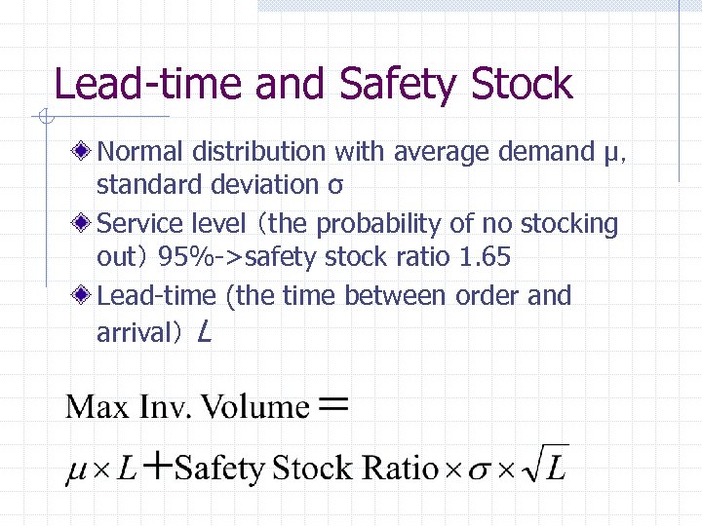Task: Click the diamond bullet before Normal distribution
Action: [x=86, y=152]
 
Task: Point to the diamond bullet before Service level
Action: [x=86, y=224]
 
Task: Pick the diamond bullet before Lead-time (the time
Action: [x=86, y=296]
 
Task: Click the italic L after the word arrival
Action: [x=203, y=333]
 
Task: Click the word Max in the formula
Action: [x=97, y=406]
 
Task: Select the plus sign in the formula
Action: [x=157, y=469]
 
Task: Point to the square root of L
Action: [x=544, y=467]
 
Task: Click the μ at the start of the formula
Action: [x=76, y=471]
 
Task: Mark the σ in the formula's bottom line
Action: [x=479, y=470]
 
